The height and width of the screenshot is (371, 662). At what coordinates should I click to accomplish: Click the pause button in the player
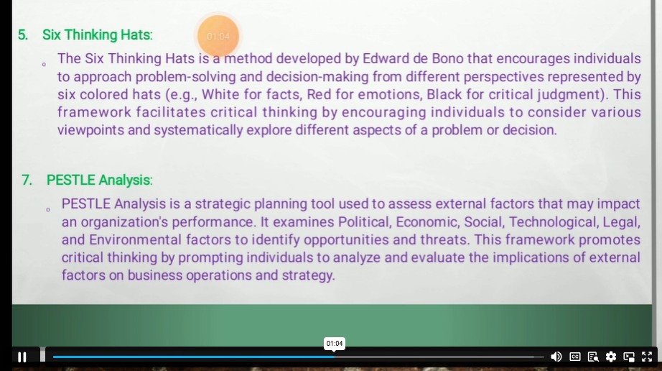22,357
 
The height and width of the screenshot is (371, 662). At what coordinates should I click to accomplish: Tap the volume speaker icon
556,357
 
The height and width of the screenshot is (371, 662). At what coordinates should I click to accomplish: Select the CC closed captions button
574,357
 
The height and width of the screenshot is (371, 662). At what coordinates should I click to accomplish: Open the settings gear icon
610,357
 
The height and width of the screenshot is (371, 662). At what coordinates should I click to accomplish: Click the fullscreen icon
647,357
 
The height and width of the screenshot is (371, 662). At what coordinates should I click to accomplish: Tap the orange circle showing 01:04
218,36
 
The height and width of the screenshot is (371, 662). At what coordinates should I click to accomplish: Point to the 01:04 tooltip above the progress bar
335,344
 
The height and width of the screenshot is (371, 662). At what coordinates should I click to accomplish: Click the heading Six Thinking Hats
98,35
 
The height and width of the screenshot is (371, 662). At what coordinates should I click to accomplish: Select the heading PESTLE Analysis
100,180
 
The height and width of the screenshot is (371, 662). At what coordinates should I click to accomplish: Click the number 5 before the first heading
23,35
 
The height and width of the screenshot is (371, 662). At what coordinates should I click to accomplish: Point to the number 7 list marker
27,180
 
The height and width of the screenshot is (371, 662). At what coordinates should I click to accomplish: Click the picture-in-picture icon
629,357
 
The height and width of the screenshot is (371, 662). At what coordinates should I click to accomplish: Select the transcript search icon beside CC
593,357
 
